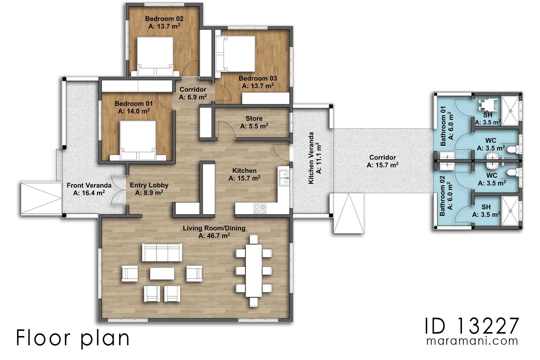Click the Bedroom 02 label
click(164, 19)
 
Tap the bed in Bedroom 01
click(138, 140)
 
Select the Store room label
click(254, 118)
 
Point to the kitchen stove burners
click(260, 209)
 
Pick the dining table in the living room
click(254, 271)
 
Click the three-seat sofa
click(162, 252)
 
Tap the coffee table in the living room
click(162, 273)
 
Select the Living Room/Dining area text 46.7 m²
click(214, 236)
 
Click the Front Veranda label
click(89, 185)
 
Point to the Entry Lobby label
click(149, 185)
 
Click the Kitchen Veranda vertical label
click(311, 158)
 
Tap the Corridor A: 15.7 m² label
click(382, 161)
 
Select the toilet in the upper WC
click(513, 148)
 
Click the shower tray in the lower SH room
click(510, 211)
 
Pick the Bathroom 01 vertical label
click(443, 126)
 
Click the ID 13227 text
click(472, 326)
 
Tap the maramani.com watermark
click(472, 341)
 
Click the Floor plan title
click(73, 338)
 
